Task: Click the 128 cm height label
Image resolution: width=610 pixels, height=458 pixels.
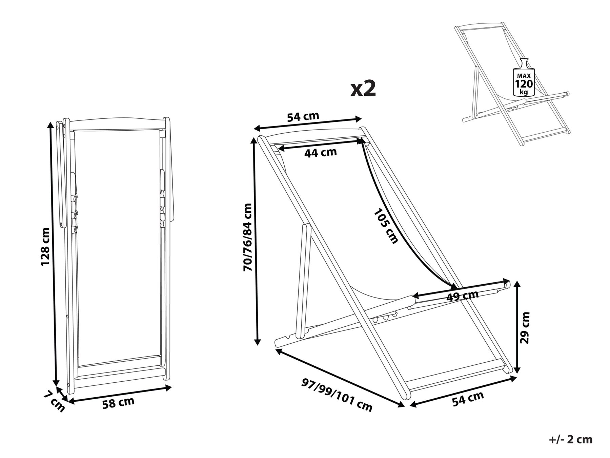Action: (45, 247)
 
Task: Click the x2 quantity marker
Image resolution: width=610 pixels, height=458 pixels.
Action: (363, 89)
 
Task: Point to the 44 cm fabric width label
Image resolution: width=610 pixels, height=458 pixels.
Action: (320, 152)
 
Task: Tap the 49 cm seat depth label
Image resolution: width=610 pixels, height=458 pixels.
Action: (462, 296)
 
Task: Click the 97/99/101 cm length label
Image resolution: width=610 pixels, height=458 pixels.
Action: (337, 395)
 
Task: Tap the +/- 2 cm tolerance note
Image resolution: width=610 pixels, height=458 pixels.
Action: (571, 440)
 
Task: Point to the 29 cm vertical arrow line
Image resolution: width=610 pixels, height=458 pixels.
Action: (517, 327)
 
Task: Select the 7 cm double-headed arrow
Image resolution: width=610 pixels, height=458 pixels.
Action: (62, 395)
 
